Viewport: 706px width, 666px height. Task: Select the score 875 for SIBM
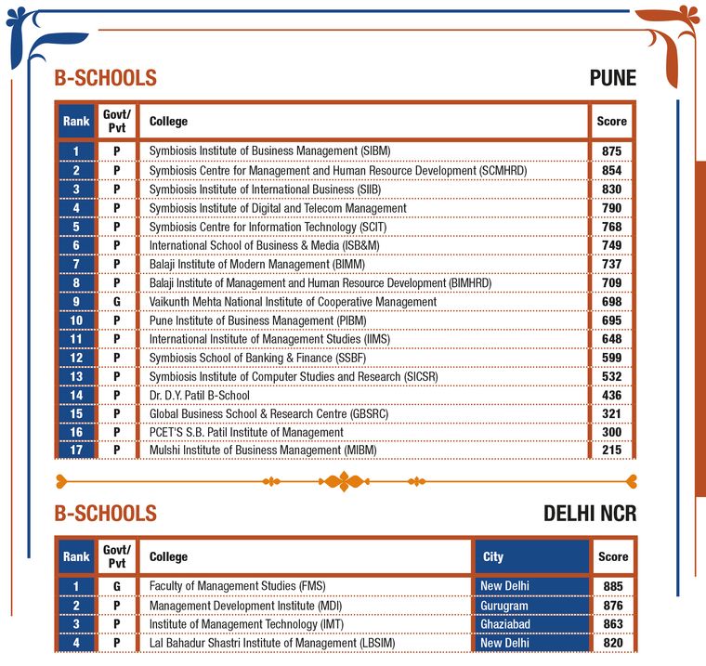pyautogui.click(x=611, y=150)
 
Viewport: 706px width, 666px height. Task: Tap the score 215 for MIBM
pyautogui.click(x=611, y=451)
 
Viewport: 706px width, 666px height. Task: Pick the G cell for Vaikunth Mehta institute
pyautogui.click(x=117, y=301)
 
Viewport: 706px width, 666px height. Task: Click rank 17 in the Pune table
pyautogui.click(x=76, y=451)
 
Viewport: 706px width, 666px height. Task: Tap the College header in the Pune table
pyautogui.click(x=168, y=121)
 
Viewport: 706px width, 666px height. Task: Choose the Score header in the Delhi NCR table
pyautogui.click(x=612, y=556)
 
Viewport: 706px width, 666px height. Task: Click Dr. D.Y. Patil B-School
pyautogui.click(x=199, y=395)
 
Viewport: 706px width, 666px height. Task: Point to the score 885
pyautogui.click(x=611, y=586)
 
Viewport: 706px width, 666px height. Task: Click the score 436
pyautogui.click(x=611, y=395)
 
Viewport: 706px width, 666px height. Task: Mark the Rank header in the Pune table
pyautogui.click(x=76, y=121)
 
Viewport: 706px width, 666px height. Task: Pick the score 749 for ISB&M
pyautogui.click(x=611, y=244)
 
